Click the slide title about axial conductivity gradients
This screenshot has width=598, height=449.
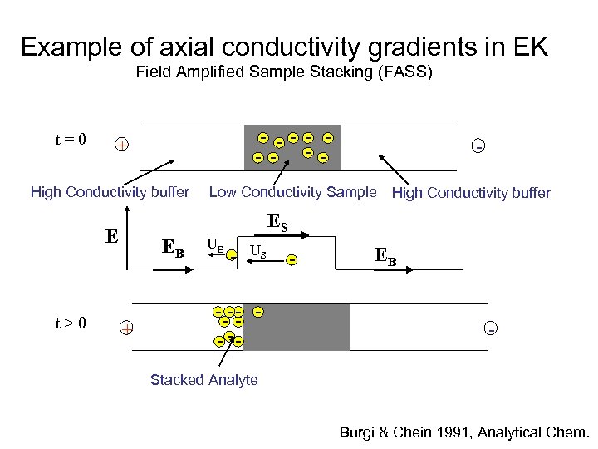click(x=284, y=47)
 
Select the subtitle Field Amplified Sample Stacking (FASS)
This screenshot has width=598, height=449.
click(x=284, y=72)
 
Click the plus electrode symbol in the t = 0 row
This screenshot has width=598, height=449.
click(x=122, y=146)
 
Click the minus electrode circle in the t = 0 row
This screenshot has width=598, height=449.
click(x=478, y=146)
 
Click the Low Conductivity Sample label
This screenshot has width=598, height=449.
click(x=292, y=192)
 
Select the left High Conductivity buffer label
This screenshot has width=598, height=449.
click(x=110, y=193)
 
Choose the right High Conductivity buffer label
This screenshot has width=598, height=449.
click(x=471, y=193)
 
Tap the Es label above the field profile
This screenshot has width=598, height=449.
click(x=277, y=221)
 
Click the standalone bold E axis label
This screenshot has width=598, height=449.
click(x=111, y=236)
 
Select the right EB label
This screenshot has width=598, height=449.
click(x=385, y=256)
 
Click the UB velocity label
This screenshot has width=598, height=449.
click(x=215, y=246)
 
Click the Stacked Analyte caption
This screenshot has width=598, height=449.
click(x=204, y=380)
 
